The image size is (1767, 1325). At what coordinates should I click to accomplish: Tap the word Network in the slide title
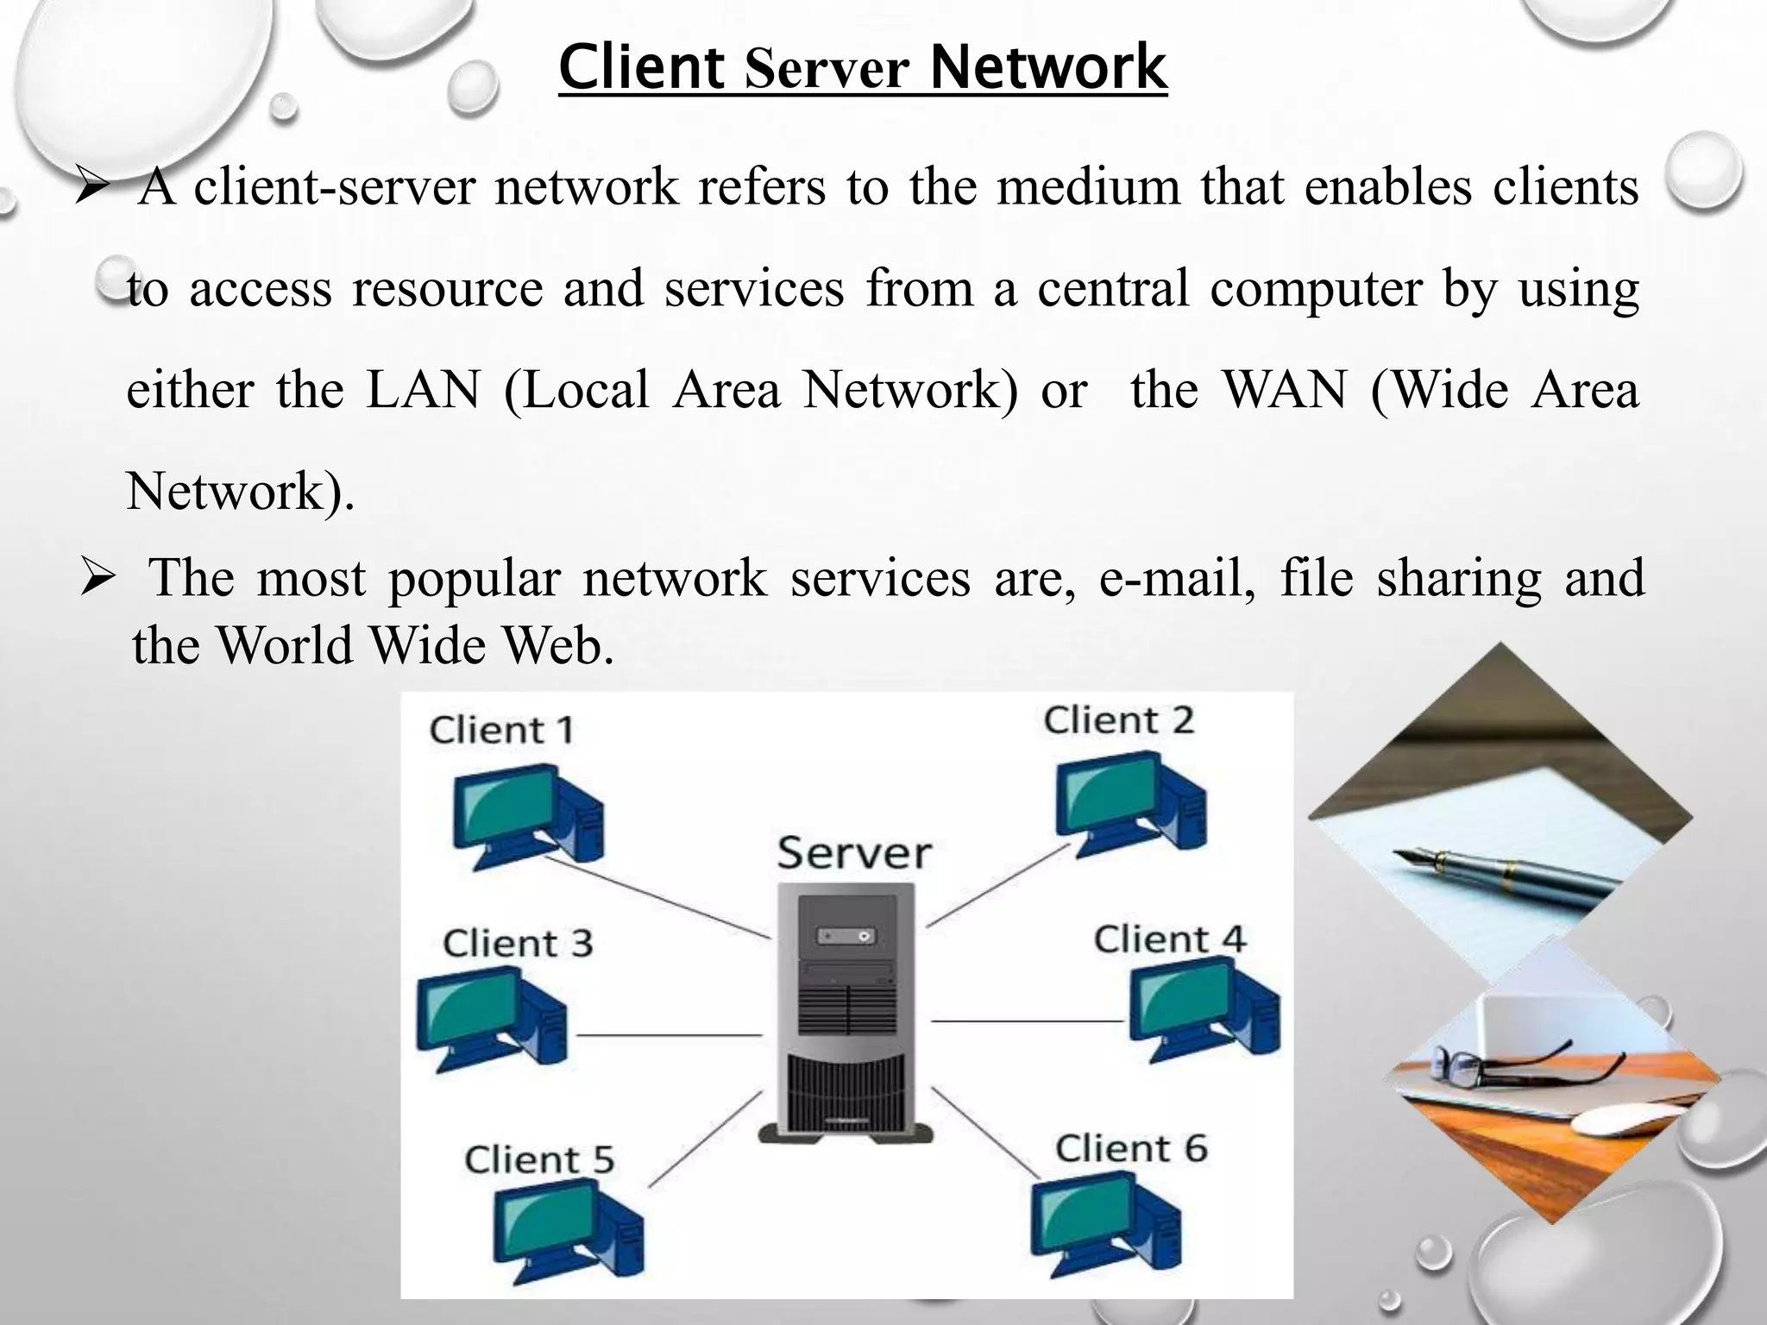(1048, 67)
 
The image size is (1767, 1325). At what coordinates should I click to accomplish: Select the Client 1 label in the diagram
(501, 730)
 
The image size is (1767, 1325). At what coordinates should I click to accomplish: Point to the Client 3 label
(518, 942)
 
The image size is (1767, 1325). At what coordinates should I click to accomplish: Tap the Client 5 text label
(539, 1159)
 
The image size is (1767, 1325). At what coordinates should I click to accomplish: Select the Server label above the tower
(854, 852)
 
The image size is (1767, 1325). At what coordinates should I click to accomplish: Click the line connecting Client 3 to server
(669, 1034)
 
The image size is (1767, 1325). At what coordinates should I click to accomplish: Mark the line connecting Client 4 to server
(1027, 1020)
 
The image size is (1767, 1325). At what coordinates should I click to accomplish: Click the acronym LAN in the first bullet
(423, 390)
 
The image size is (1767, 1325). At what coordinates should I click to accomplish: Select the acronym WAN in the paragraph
(1286, 390)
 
